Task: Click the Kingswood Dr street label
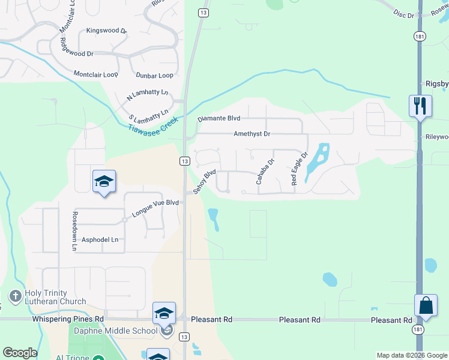[107, 31]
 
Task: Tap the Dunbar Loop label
[154, 76]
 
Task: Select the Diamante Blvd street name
[219, 119]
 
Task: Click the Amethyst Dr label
[252, 134]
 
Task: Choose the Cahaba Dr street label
[264, 171]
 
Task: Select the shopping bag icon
[426, 305]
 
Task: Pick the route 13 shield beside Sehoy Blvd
[184, 161]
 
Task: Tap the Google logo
[20, 353]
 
